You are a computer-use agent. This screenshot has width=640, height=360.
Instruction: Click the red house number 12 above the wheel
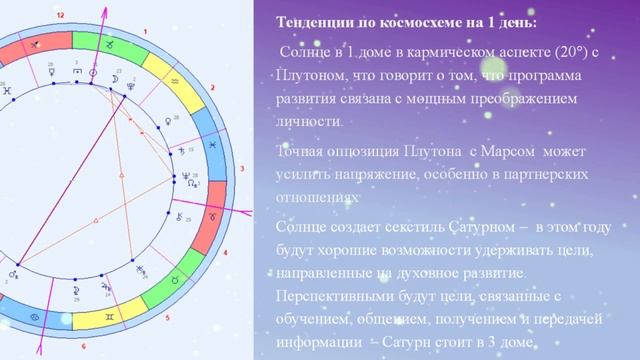(x=62, y=17)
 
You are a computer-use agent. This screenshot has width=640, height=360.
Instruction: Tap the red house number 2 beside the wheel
(x=213, y=88)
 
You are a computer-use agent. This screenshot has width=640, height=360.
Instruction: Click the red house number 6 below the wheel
(x=84, y=347)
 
